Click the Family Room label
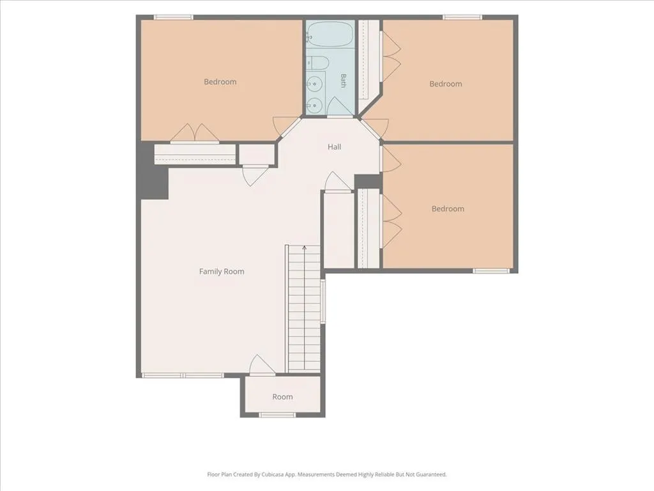point(222,271)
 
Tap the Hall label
point(334,147)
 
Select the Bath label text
point(343,81)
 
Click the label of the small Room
point(282,396)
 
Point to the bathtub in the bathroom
point(330,35)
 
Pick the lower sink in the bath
point(316,104)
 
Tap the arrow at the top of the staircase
point(305,248)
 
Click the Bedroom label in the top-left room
point(220,82)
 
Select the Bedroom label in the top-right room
point(445,84)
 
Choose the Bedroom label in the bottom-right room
point(448,209)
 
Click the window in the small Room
point(277,414)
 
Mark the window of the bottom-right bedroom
point(491,271)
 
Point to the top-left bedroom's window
point(174,17)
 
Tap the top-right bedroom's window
point(462,17)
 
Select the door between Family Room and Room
point(262,366)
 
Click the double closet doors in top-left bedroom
point(195,133)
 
